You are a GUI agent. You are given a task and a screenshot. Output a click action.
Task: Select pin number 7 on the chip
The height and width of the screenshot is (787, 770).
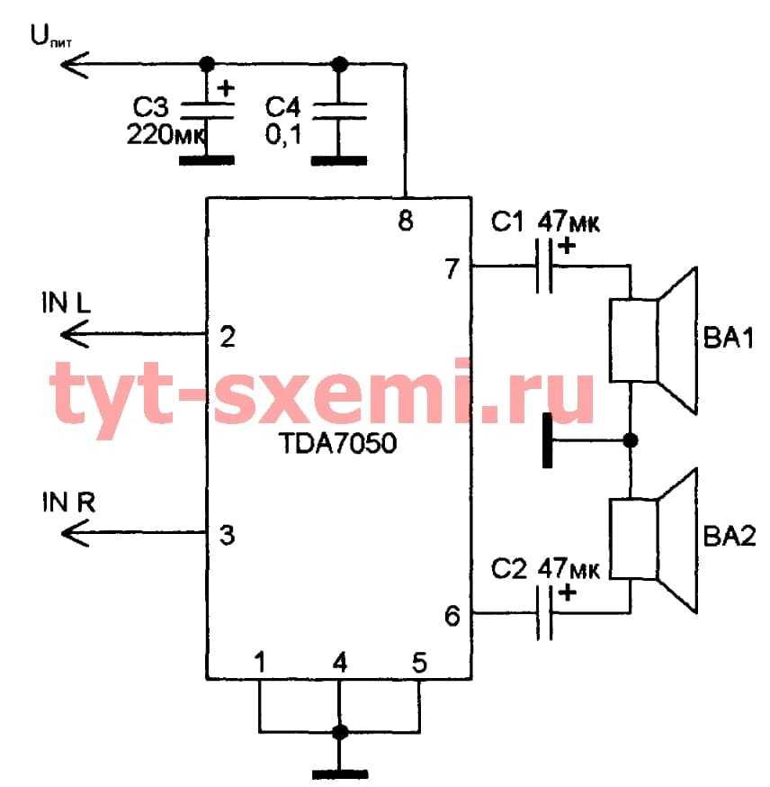[452, 267]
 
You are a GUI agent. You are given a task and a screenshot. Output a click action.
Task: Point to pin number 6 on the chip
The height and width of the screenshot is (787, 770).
[452, 616]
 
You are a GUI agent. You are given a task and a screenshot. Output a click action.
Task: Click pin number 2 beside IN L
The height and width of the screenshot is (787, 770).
[228, 337]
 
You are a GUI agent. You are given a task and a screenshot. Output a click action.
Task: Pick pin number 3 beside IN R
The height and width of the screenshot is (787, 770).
[228, 536]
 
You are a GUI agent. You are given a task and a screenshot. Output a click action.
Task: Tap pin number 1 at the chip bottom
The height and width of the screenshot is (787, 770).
[259, 664]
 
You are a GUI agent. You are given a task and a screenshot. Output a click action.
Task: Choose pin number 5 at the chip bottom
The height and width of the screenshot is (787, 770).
[419, 664]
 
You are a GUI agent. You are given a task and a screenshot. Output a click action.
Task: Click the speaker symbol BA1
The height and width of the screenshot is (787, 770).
[655, 340]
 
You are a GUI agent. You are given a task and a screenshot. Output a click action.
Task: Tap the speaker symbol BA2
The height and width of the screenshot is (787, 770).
[655, 540]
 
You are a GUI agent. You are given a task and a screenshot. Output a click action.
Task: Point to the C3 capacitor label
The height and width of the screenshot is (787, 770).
[150, 108]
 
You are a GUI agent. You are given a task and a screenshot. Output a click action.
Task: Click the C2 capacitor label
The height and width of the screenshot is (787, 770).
[508, 569]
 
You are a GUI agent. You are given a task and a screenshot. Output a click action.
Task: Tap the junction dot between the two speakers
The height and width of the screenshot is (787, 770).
[631, 440]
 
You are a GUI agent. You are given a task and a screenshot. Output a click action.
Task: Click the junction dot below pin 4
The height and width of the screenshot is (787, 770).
[339, 731]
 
